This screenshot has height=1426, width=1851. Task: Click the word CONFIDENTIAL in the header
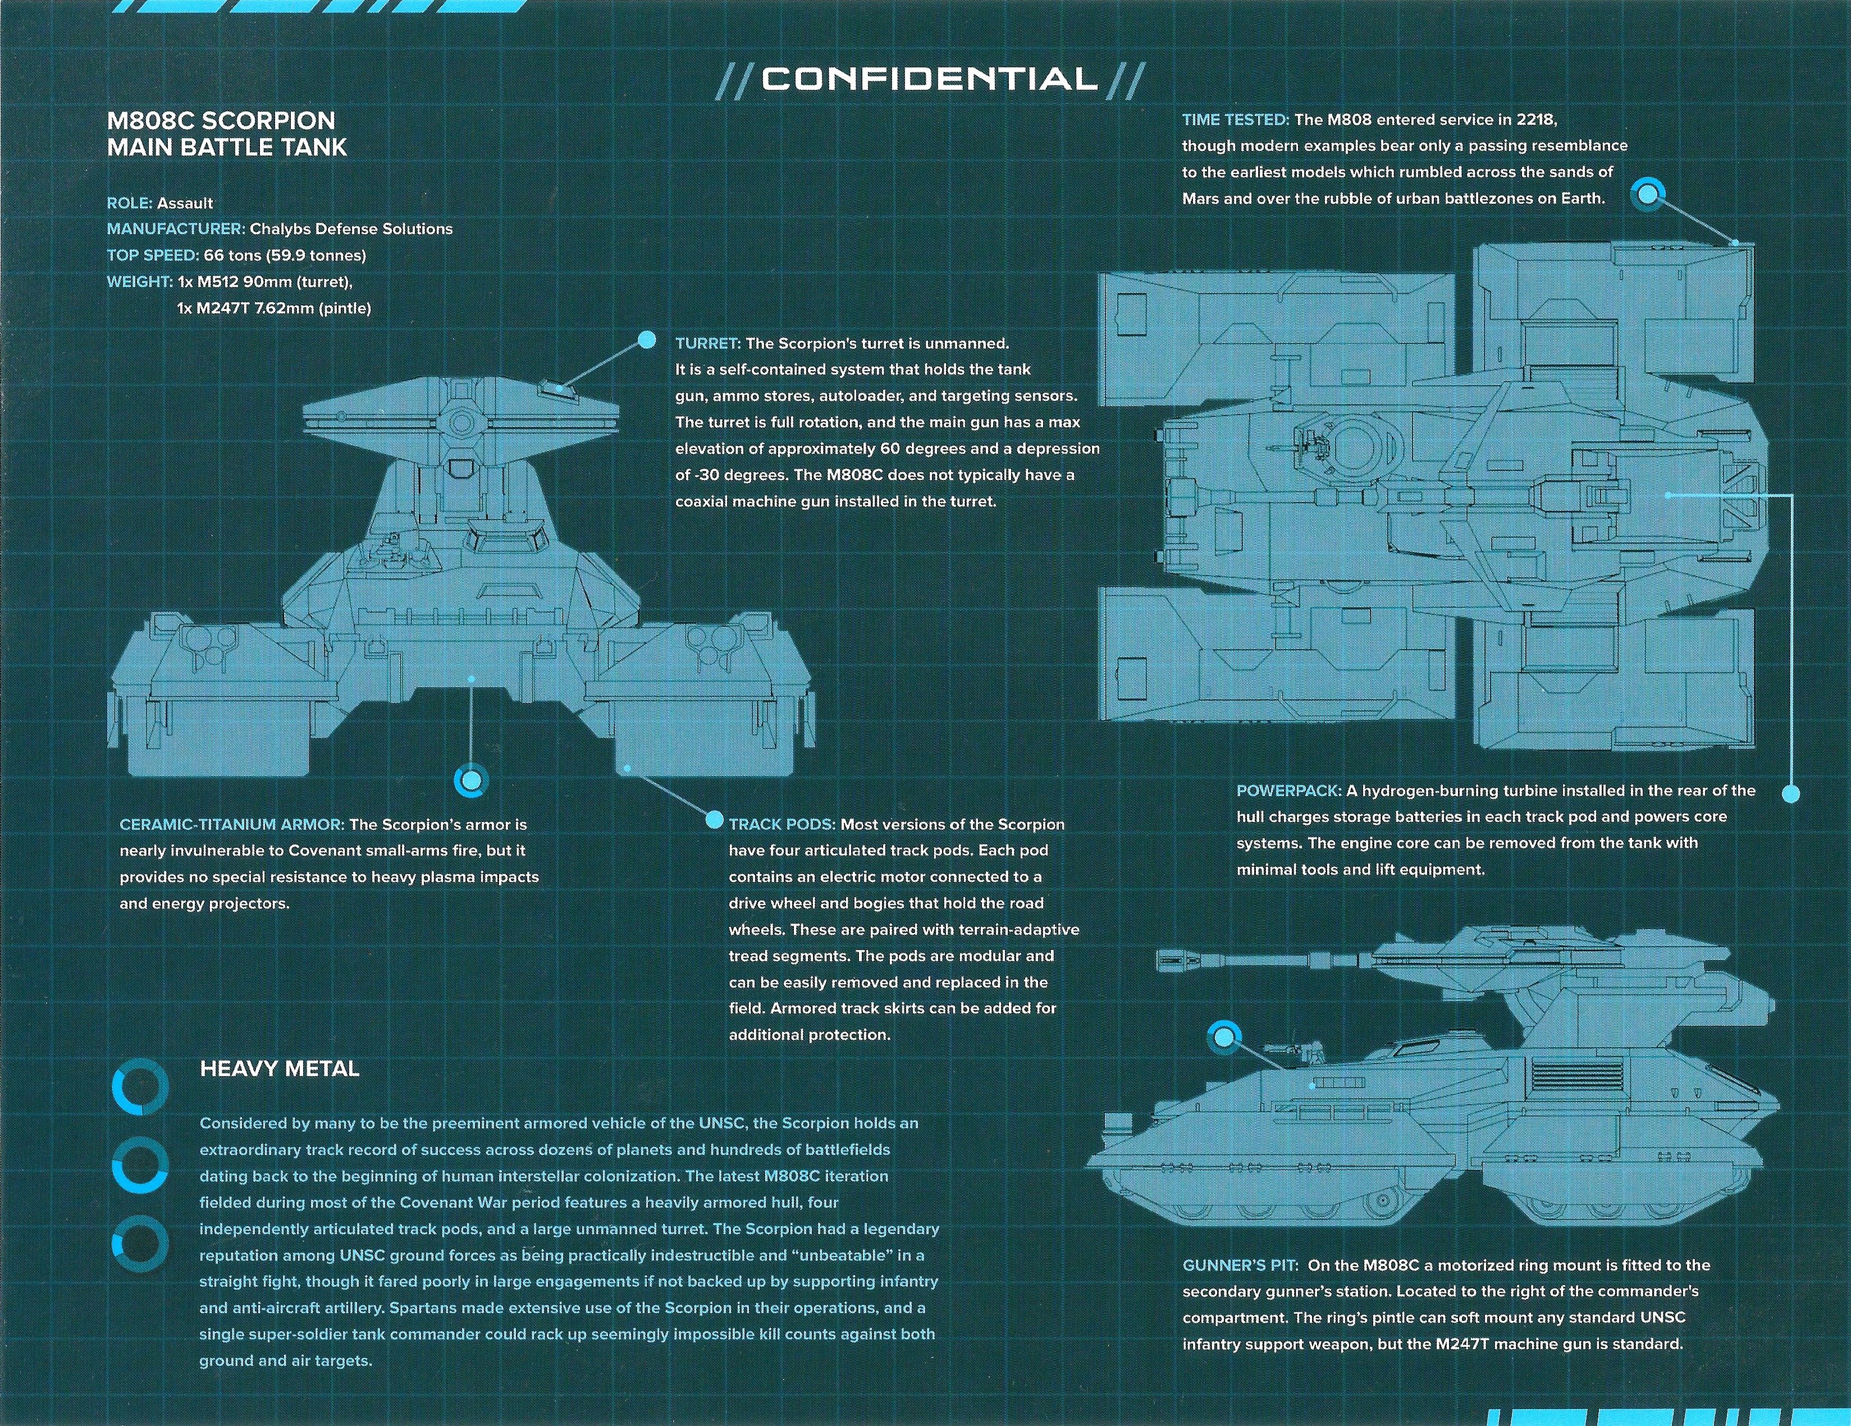pos(929,80)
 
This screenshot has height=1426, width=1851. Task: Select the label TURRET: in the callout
pos(708,343)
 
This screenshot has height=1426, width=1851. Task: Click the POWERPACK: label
pos(1288,790)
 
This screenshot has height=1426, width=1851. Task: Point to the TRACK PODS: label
pos(781,824)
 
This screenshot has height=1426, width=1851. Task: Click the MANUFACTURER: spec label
pos(175,228)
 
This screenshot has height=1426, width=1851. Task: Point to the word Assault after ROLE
pos(185,203)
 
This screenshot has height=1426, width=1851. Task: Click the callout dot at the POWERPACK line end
pos(1791,794)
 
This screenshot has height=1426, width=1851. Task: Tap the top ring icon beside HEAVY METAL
pos(140,1088)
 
